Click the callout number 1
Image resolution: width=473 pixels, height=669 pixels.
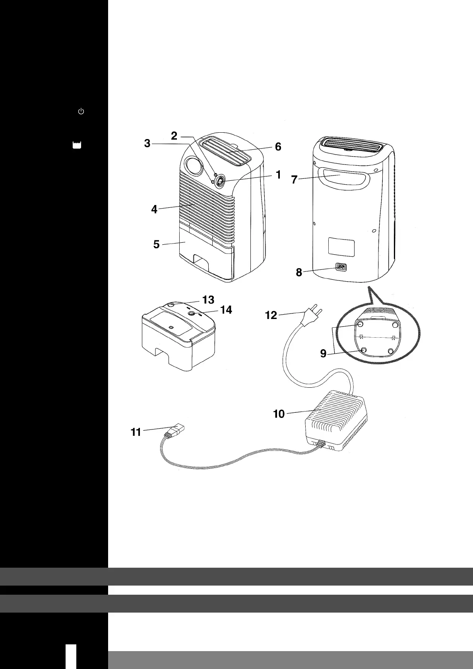tap(278, 174)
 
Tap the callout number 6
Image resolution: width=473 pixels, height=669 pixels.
tap(278, 147)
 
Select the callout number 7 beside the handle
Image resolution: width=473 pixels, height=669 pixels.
tap(294, 180)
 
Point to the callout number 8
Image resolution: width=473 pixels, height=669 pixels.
tap(299, 272)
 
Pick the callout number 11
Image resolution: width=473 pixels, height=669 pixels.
tap(136, 432)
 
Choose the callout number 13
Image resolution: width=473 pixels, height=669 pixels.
tap(208, 299)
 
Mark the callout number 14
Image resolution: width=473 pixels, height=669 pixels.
tap(226, 309)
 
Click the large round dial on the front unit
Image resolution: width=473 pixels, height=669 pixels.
tap(194, 166)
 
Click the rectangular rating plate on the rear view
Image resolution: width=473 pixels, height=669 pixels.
tap(341, 247)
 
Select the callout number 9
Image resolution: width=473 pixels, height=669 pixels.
tap(323, 353)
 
